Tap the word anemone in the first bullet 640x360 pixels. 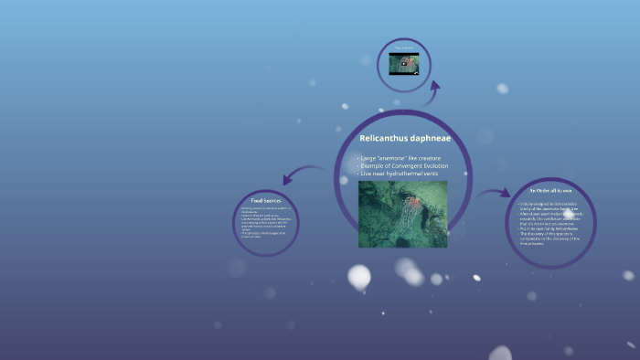point(394,158)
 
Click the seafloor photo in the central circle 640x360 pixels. point(402,213)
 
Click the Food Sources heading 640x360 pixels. point(265,199)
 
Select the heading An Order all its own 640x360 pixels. point(550,192)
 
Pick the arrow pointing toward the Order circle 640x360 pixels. point(494,193)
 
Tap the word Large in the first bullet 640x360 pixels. point(368,158)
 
